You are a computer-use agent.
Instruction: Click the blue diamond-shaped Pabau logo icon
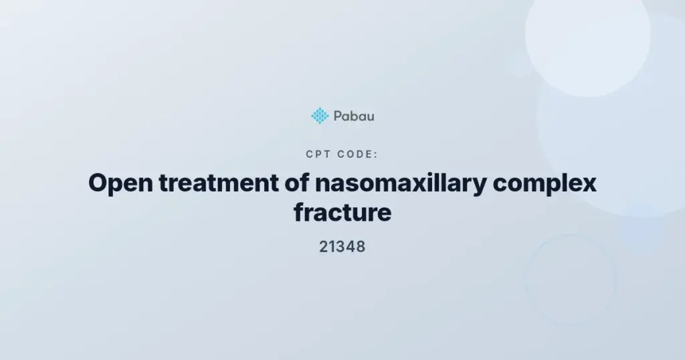pyautogui.click(x=320, y=116)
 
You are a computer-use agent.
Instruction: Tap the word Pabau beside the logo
pyautogui.click(x=354, y=116)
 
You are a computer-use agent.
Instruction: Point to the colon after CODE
pyautogui.click(x=376, y=155)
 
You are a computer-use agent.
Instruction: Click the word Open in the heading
pyautogui.click(x=120, y=183)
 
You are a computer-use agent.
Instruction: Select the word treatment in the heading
pyautogui.click(x=219, y=183)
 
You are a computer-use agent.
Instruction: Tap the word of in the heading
pyautogui.click(x=297, y=183)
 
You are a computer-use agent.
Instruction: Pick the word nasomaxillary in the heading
pyautogui.click(x=401, y=183)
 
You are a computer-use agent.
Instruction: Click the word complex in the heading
pyautogui.click(x=545, y=183)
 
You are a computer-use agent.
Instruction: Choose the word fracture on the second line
pyautogui.click(x=342, y=212)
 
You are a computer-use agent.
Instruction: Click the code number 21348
pyautogui.click(x=342, y=247)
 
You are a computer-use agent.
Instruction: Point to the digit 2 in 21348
pyautogui.click(x=324, y=247)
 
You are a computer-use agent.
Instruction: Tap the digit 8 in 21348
pyautogui.click(x=360, y=247)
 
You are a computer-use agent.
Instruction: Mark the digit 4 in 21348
pyautogui.click(x=351, y=247)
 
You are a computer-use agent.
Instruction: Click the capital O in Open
pyautogui.click(x=98, y=183)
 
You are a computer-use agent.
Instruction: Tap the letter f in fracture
pyautogui.click(x=299, y=212)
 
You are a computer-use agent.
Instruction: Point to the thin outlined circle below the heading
pyautogui.click(x=526, y=280)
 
